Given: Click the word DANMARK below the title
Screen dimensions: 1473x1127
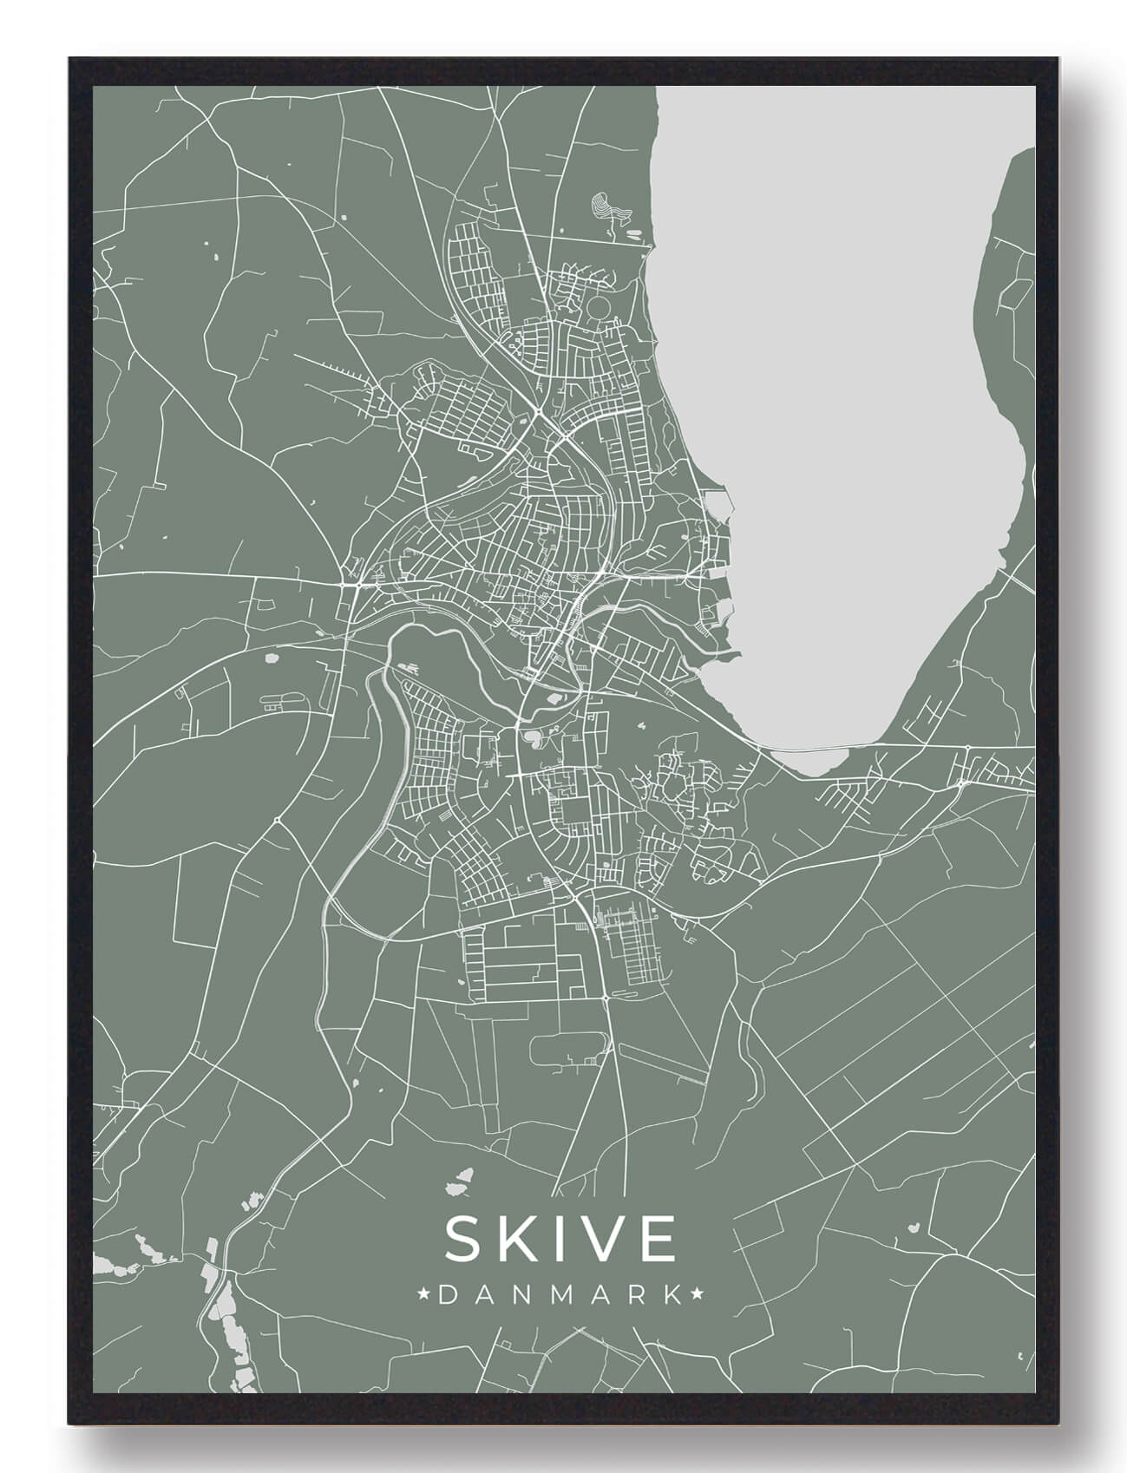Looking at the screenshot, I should (x=561, y=1295).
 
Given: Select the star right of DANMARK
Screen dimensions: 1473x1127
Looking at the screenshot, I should (x=698, y=1295).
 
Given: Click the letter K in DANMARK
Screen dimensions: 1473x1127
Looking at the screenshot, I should (x=672, y=1295).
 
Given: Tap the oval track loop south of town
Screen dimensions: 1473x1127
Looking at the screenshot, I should (x=567, y=1049).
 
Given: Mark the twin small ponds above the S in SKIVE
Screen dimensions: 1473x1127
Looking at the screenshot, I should (x=460, y=1181).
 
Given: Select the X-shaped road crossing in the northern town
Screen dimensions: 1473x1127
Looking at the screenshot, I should (x=538, y=409).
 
